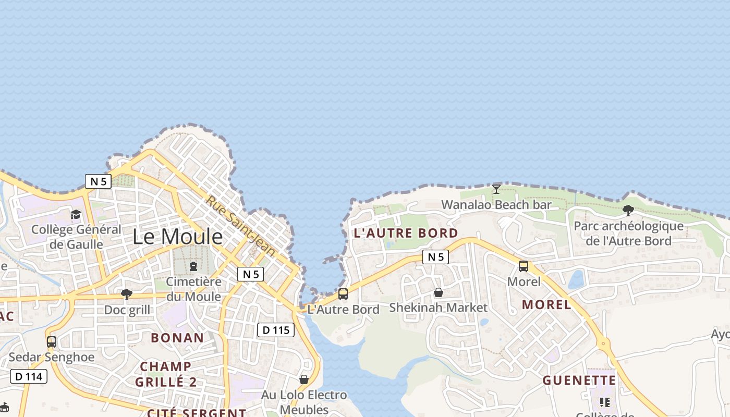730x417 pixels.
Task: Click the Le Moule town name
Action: (x=177, y=237)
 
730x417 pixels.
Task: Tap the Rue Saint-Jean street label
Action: (x=240, y=226)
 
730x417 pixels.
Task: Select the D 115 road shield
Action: (x=276, y=330)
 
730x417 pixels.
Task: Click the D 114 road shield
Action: (x=29, y=376)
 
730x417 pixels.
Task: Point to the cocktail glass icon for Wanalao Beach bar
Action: (x=496, y=189)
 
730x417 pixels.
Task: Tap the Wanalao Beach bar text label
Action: (x=496, y=205)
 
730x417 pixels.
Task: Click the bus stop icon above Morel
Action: (x=524, y=266)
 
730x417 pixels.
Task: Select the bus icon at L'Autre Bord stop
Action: (x=343, y=294)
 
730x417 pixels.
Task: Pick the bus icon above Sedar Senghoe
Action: (x=51, y=342)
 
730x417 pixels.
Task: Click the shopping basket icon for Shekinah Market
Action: (x=439, y=293)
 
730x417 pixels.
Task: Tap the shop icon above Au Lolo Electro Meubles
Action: (x=304, y=379)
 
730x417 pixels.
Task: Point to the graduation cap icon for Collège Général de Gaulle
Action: (x=76, y=214)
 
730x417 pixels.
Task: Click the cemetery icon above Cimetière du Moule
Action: (x=193, y=266)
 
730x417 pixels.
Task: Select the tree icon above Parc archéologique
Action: (x=628, y=211)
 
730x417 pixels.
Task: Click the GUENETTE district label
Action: (x=579, y=381)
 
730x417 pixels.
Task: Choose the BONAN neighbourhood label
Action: (x=177, y=338)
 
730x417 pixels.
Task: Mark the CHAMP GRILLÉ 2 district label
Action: (x=166, y=374)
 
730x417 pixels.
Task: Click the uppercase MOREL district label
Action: (x=546, y=305)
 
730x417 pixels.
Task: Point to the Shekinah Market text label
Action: (x=439, y=308)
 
